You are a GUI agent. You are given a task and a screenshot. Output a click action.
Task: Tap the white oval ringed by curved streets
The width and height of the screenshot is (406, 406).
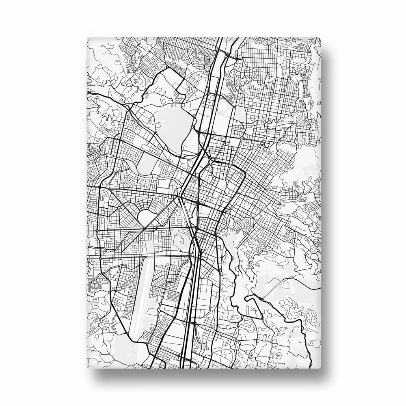[x=146, y=215]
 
